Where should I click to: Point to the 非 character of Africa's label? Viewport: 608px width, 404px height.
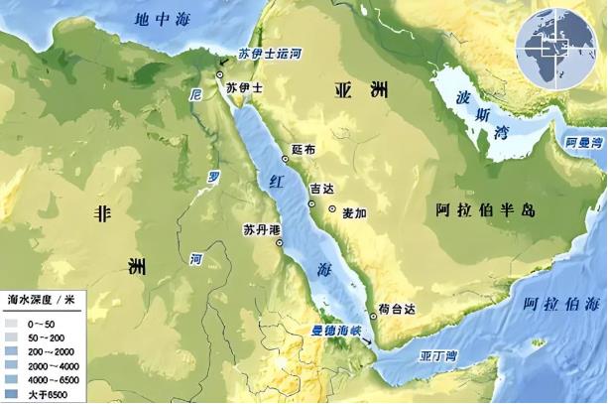point(100,212)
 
